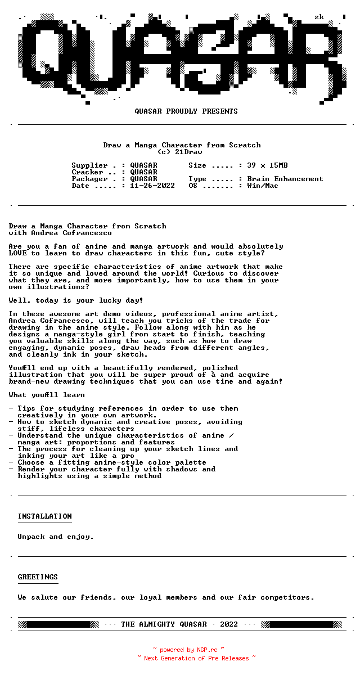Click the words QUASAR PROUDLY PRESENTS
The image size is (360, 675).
point(186,111)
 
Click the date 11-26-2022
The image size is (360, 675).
point(152,186)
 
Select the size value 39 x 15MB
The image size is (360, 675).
point(267,165)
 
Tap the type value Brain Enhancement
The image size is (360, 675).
point(285,179)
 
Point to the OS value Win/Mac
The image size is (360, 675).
point(263,186)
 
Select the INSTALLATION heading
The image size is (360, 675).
point(45,516)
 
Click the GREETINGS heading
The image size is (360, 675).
point(38,577)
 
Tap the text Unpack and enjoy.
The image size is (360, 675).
point(56,537)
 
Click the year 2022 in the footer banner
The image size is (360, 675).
point(229,624)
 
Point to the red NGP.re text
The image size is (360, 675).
point(207,650)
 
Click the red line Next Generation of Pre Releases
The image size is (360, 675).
point(196,658)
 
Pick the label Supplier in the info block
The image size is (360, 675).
point(90,165)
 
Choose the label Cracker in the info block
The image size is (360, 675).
point(88,172)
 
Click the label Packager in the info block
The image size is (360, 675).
point(90,179)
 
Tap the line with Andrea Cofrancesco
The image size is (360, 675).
point(60,233)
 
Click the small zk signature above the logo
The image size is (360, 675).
point(319,17)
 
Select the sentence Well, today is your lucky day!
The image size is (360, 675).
point(76,300)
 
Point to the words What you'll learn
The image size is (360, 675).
point(47,395)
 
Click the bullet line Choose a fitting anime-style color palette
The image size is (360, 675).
point(112,462)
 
